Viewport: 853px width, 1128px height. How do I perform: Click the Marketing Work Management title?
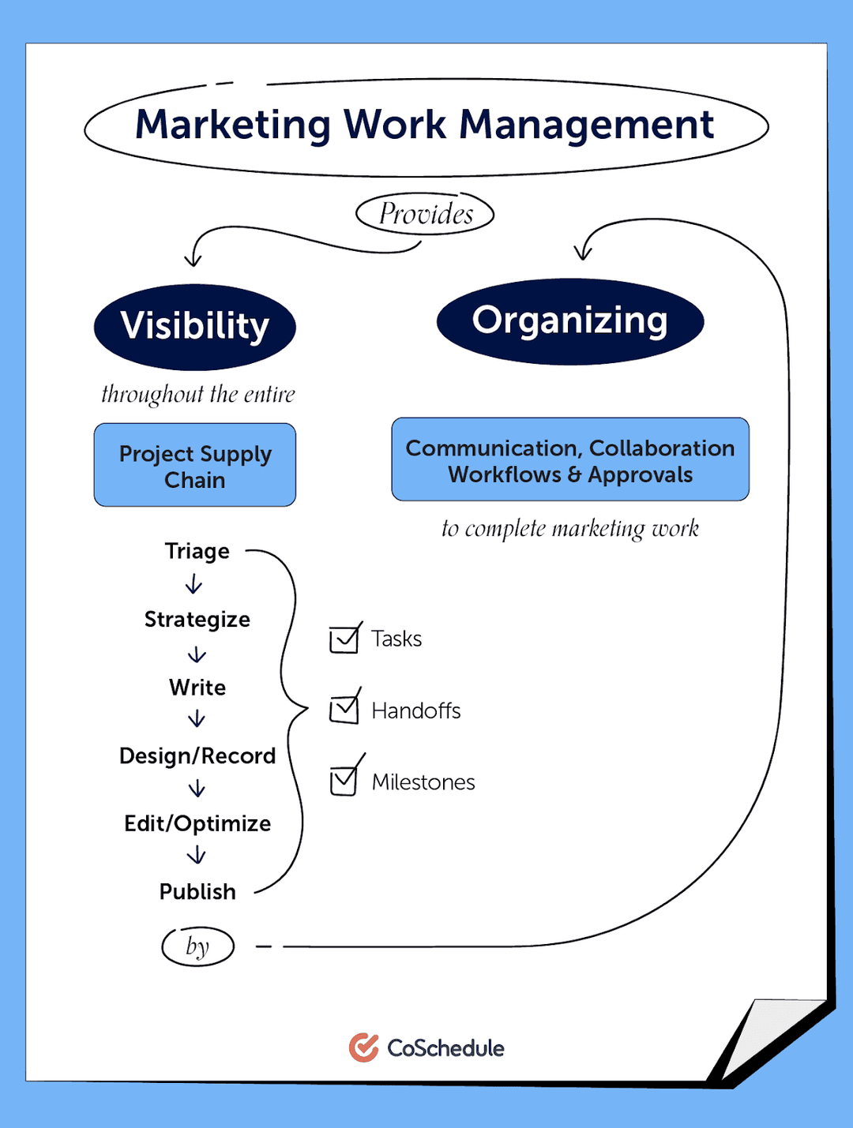425,126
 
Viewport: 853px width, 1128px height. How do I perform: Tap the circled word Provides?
426,214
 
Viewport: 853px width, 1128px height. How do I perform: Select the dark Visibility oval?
195,327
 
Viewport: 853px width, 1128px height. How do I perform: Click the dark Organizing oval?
569,321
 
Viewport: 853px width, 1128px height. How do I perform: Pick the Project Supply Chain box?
195,466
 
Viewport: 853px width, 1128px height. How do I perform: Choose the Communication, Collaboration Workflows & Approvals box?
569,460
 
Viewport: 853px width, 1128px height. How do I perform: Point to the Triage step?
197,551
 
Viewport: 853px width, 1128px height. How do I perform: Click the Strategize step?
197,620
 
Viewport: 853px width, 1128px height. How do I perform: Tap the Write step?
197,688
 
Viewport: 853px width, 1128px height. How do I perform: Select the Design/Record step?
197,756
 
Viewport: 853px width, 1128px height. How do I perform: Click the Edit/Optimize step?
197,824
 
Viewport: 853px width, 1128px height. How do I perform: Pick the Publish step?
197,892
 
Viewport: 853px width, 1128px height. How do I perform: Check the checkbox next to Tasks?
344,639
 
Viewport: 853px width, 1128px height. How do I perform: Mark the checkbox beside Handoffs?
344,710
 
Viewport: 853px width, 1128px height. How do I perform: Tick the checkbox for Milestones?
344,781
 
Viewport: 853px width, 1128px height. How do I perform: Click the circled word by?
197,946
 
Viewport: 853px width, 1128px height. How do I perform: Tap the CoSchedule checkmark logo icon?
363,1047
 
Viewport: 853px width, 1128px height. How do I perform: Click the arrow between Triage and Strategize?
194,584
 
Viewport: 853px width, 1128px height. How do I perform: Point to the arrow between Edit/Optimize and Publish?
197,856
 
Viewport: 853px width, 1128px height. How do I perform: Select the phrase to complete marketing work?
569,529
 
